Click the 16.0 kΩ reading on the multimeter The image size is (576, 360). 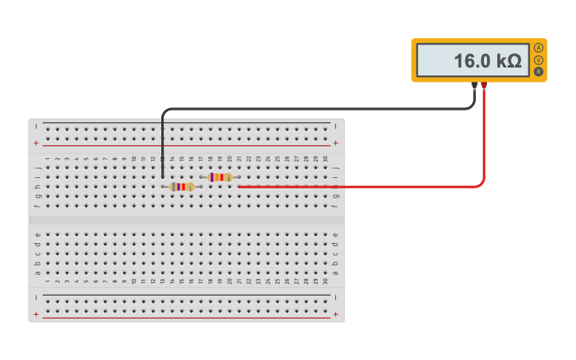pyautogui.click(x=487, y=60)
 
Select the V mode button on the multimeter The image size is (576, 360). pyautogui.click(x=539, y=60)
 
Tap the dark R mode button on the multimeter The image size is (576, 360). pyautogui.click(x=539, y=72)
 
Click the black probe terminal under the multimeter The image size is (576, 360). pyautogui.click(x=474, y=85)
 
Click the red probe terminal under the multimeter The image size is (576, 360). pyautogui.click(x=484, y=85)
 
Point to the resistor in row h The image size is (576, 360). pyautogui.click(x=182, y=187)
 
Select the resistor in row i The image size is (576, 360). pyautogui.click(x=220, y=177)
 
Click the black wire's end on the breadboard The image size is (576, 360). pyautogui.click(x=163, y=176)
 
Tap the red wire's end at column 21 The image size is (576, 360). pyautogui.click(x=239, y=187)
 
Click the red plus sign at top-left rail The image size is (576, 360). pyautogui.click(x=36, y=143)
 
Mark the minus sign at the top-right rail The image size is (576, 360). pyautogui.click(x=335, y=127)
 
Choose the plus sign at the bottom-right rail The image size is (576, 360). pyautogui.click(x=335, y=315)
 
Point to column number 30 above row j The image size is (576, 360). pyautogui.click(x=325, y=159)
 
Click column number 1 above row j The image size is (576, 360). pyautogui.click(x=48, y=159)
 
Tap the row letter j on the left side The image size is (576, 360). pyautogui.click(x=37, y=168)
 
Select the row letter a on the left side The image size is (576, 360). pyautogui.click(x=37, y=273)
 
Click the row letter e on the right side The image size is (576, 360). pyautogui.click(x=335, y=234)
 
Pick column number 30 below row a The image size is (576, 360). pyautogui.click(x=325, y=281)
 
